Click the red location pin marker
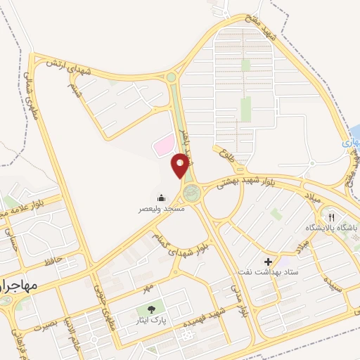pyautogui.click(x=181, y=165)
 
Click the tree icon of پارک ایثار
pyautogui.click(x=150, y=309)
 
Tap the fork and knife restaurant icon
pyautogui.click(x=332, y=217)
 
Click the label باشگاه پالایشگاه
pyautogui.click(x=332, y=229)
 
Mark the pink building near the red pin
pyautogui.click(x=164, y=146)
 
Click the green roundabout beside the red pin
pyautogui.click(x=191, y=191)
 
